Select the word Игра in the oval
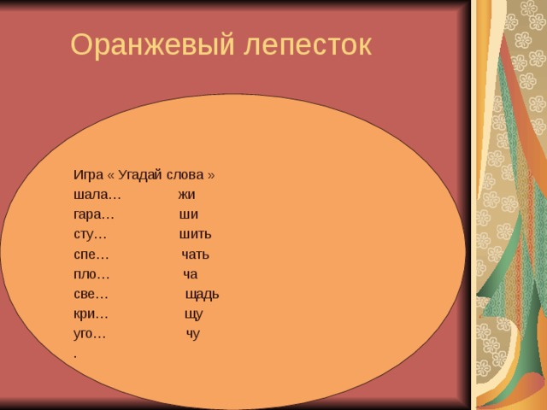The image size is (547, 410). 89,174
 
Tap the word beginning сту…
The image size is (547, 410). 91,234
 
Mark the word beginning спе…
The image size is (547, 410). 91,255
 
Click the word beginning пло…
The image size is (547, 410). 91,274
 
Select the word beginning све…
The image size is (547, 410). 91,294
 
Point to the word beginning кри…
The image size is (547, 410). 91,313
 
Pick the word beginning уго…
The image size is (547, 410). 91,333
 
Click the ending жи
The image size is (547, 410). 186,195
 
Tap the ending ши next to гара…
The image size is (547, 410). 189,214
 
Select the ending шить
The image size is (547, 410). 196,234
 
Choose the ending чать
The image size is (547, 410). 195,255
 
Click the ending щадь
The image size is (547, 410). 202,294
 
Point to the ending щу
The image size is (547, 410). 194,314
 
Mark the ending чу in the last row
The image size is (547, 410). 193,334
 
